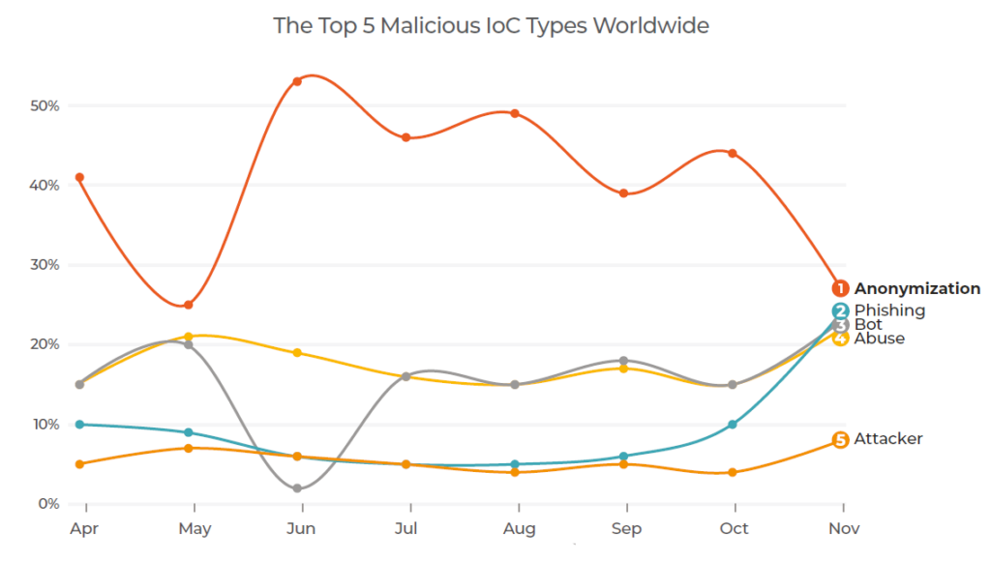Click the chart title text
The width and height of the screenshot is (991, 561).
[491, 25]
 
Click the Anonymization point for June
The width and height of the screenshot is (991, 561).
[297, 81]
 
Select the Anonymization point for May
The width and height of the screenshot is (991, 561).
[189, 305]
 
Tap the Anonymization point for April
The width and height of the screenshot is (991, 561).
[79, 177]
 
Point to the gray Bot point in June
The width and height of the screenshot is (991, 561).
[297, 488]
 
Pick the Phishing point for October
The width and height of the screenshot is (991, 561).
[733, 425]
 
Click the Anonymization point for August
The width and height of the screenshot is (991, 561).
[515, 113]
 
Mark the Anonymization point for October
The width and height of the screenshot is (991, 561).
[733, 153]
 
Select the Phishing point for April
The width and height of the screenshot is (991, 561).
[79, 424]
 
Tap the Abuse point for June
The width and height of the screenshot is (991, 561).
[297, 352]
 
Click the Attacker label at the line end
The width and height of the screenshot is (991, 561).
[887, 439]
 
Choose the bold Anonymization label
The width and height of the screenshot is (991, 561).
[916, 288]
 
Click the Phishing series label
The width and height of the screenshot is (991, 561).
[889, 310]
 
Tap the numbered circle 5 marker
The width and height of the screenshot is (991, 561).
[840, 440]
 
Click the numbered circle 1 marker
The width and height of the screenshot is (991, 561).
[840, 288]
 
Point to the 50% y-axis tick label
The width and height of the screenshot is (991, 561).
[44, 105]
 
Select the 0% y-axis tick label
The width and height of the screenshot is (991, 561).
[48, 504]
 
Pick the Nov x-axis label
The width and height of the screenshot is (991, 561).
[844, 529]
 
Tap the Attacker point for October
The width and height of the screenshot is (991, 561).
[733, 472]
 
